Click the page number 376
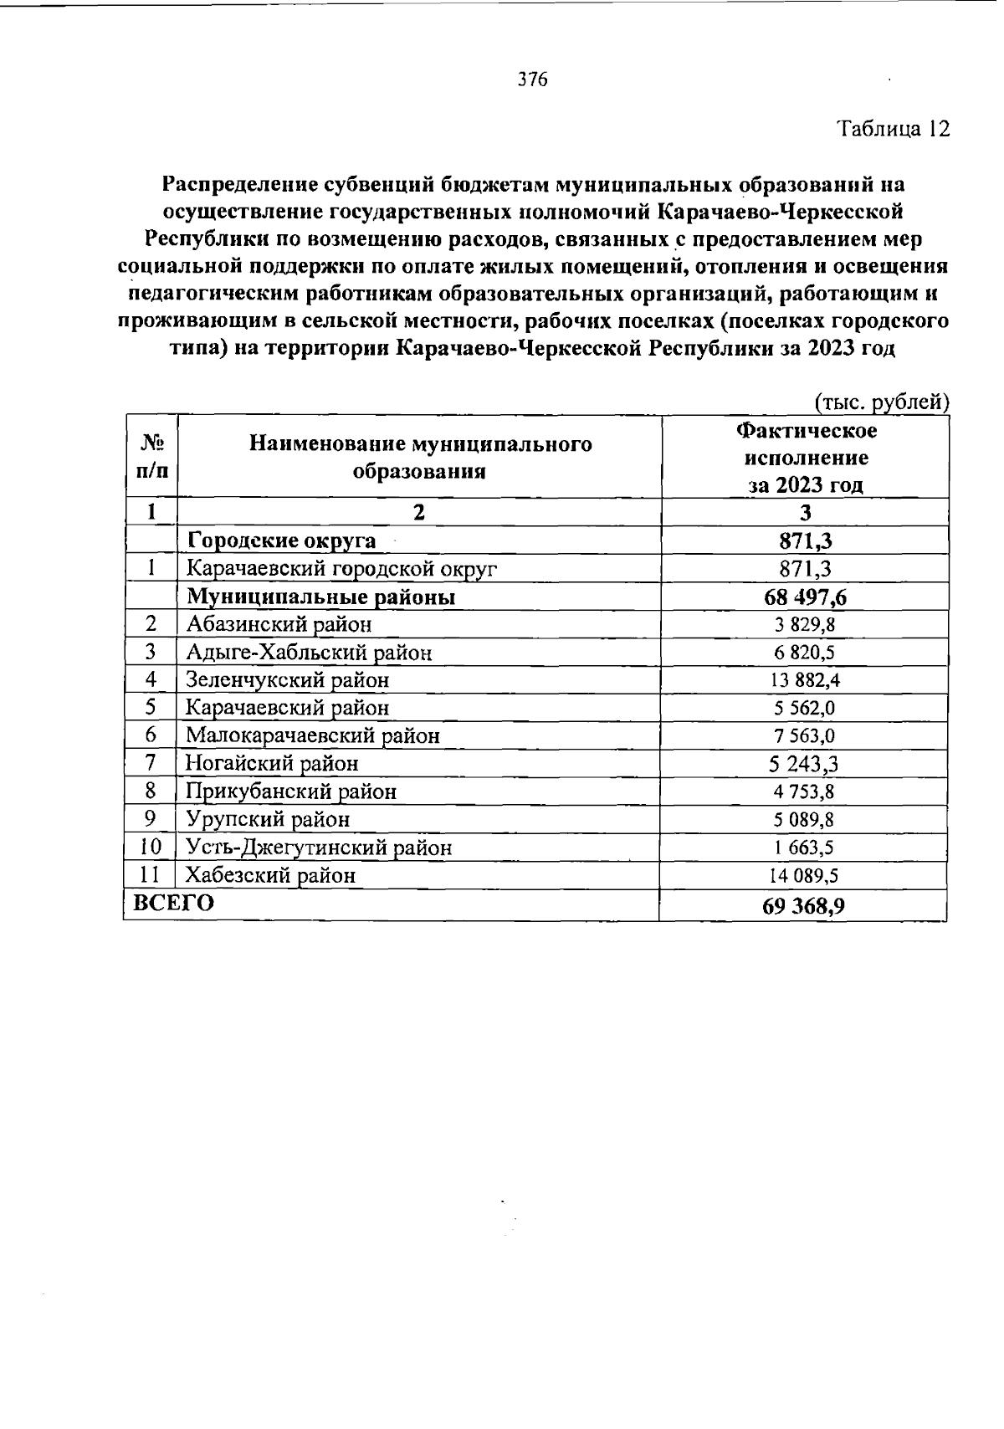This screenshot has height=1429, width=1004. [x=532, y=80]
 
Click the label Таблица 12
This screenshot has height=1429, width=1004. [x=893, y=130]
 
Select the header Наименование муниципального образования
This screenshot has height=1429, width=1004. [x=419, y=457]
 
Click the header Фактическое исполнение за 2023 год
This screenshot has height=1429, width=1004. [x=806, y=458]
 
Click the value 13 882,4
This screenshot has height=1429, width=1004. [x=805, y=680]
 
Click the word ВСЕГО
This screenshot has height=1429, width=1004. [x=169, y=904]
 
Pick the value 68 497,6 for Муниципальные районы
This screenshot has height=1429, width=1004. [x=805, y=597]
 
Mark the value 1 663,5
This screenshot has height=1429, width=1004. [x=804, y=848]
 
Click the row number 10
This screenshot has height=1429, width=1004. [x=151, y=848]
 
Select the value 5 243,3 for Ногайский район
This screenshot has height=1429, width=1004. [x=804, y=764]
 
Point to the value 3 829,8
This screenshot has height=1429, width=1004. [x=804, y=625]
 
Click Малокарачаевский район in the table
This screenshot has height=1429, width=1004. [x=312, y=736]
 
